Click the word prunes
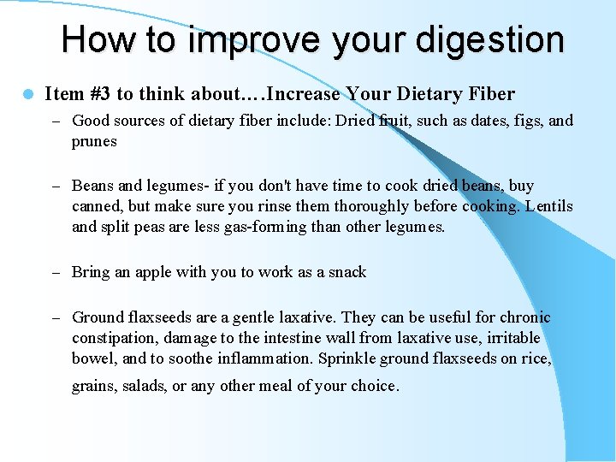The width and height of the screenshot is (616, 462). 94,141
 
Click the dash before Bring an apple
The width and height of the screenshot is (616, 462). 56,273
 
